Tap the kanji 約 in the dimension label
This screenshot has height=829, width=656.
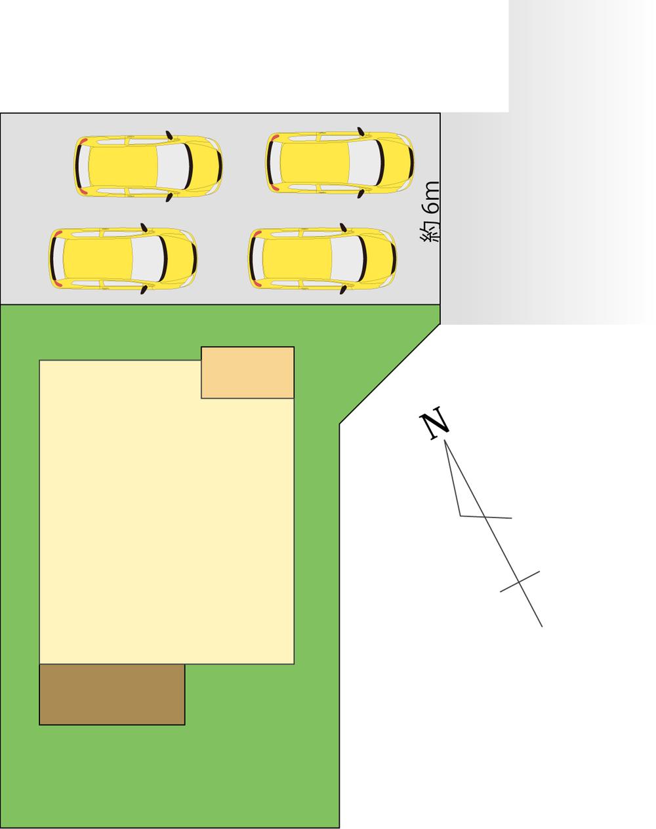click(x=430, y=231)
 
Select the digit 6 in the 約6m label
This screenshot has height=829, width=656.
click(x=431, y=208)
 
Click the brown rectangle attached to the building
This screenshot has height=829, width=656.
click(x=112, y=695)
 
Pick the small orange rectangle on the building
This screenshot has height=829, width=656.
click(x=247, y=373)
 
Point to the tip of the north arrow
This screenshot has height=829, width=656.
click(x=445, y=440)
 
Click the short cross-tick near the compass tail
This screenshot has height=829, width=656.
click(x=520, y=582)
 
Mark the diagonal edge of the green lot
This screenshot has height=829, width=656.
click(x=390, y=374)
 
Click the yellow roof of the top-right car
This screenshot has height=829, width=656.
click(x=314, y=162)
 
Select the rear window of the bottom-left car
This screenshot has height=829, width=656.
click(x=58, y=258)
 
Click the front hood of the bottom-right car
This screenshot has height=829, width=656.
click(x=379, y=258)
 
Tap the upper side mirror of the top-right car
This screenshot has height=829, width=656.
click(x=361, y=131)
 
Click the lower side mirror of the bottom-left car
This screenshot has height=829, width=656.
click(x=144, y=289)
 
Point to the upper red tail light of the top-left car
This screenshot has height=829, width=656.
click(x=84, y=140)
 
